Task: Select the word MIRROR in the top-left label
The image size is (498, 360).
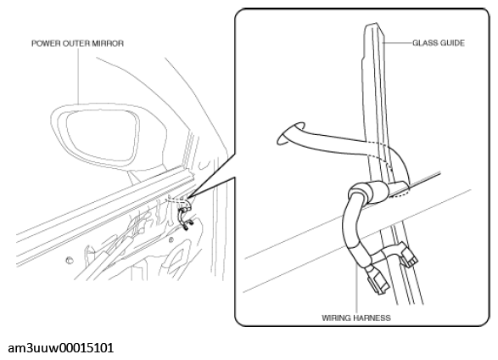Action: [x=108, y=43]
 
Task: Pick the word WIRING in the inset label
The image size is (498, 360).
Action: [x=336, y=318]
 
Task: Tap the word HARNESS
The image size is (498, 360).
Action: [x=372, y=318]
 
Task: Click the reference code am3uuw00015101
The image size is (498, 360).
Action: [x=61, y=348]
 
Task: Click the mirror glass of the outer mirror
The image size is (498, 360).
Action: [x=103, y=135]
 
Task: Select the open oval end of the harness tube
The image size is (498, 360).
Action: [x=291, y=133]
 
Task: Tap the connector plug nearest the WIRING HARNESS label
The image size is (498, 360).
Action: [x=378, y=281]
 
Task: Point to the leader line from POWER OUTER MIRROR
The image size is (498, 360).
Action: [x=78, y=76]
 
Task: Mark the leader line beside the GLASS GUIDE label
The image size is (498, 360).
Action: [x=397, y=43]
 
